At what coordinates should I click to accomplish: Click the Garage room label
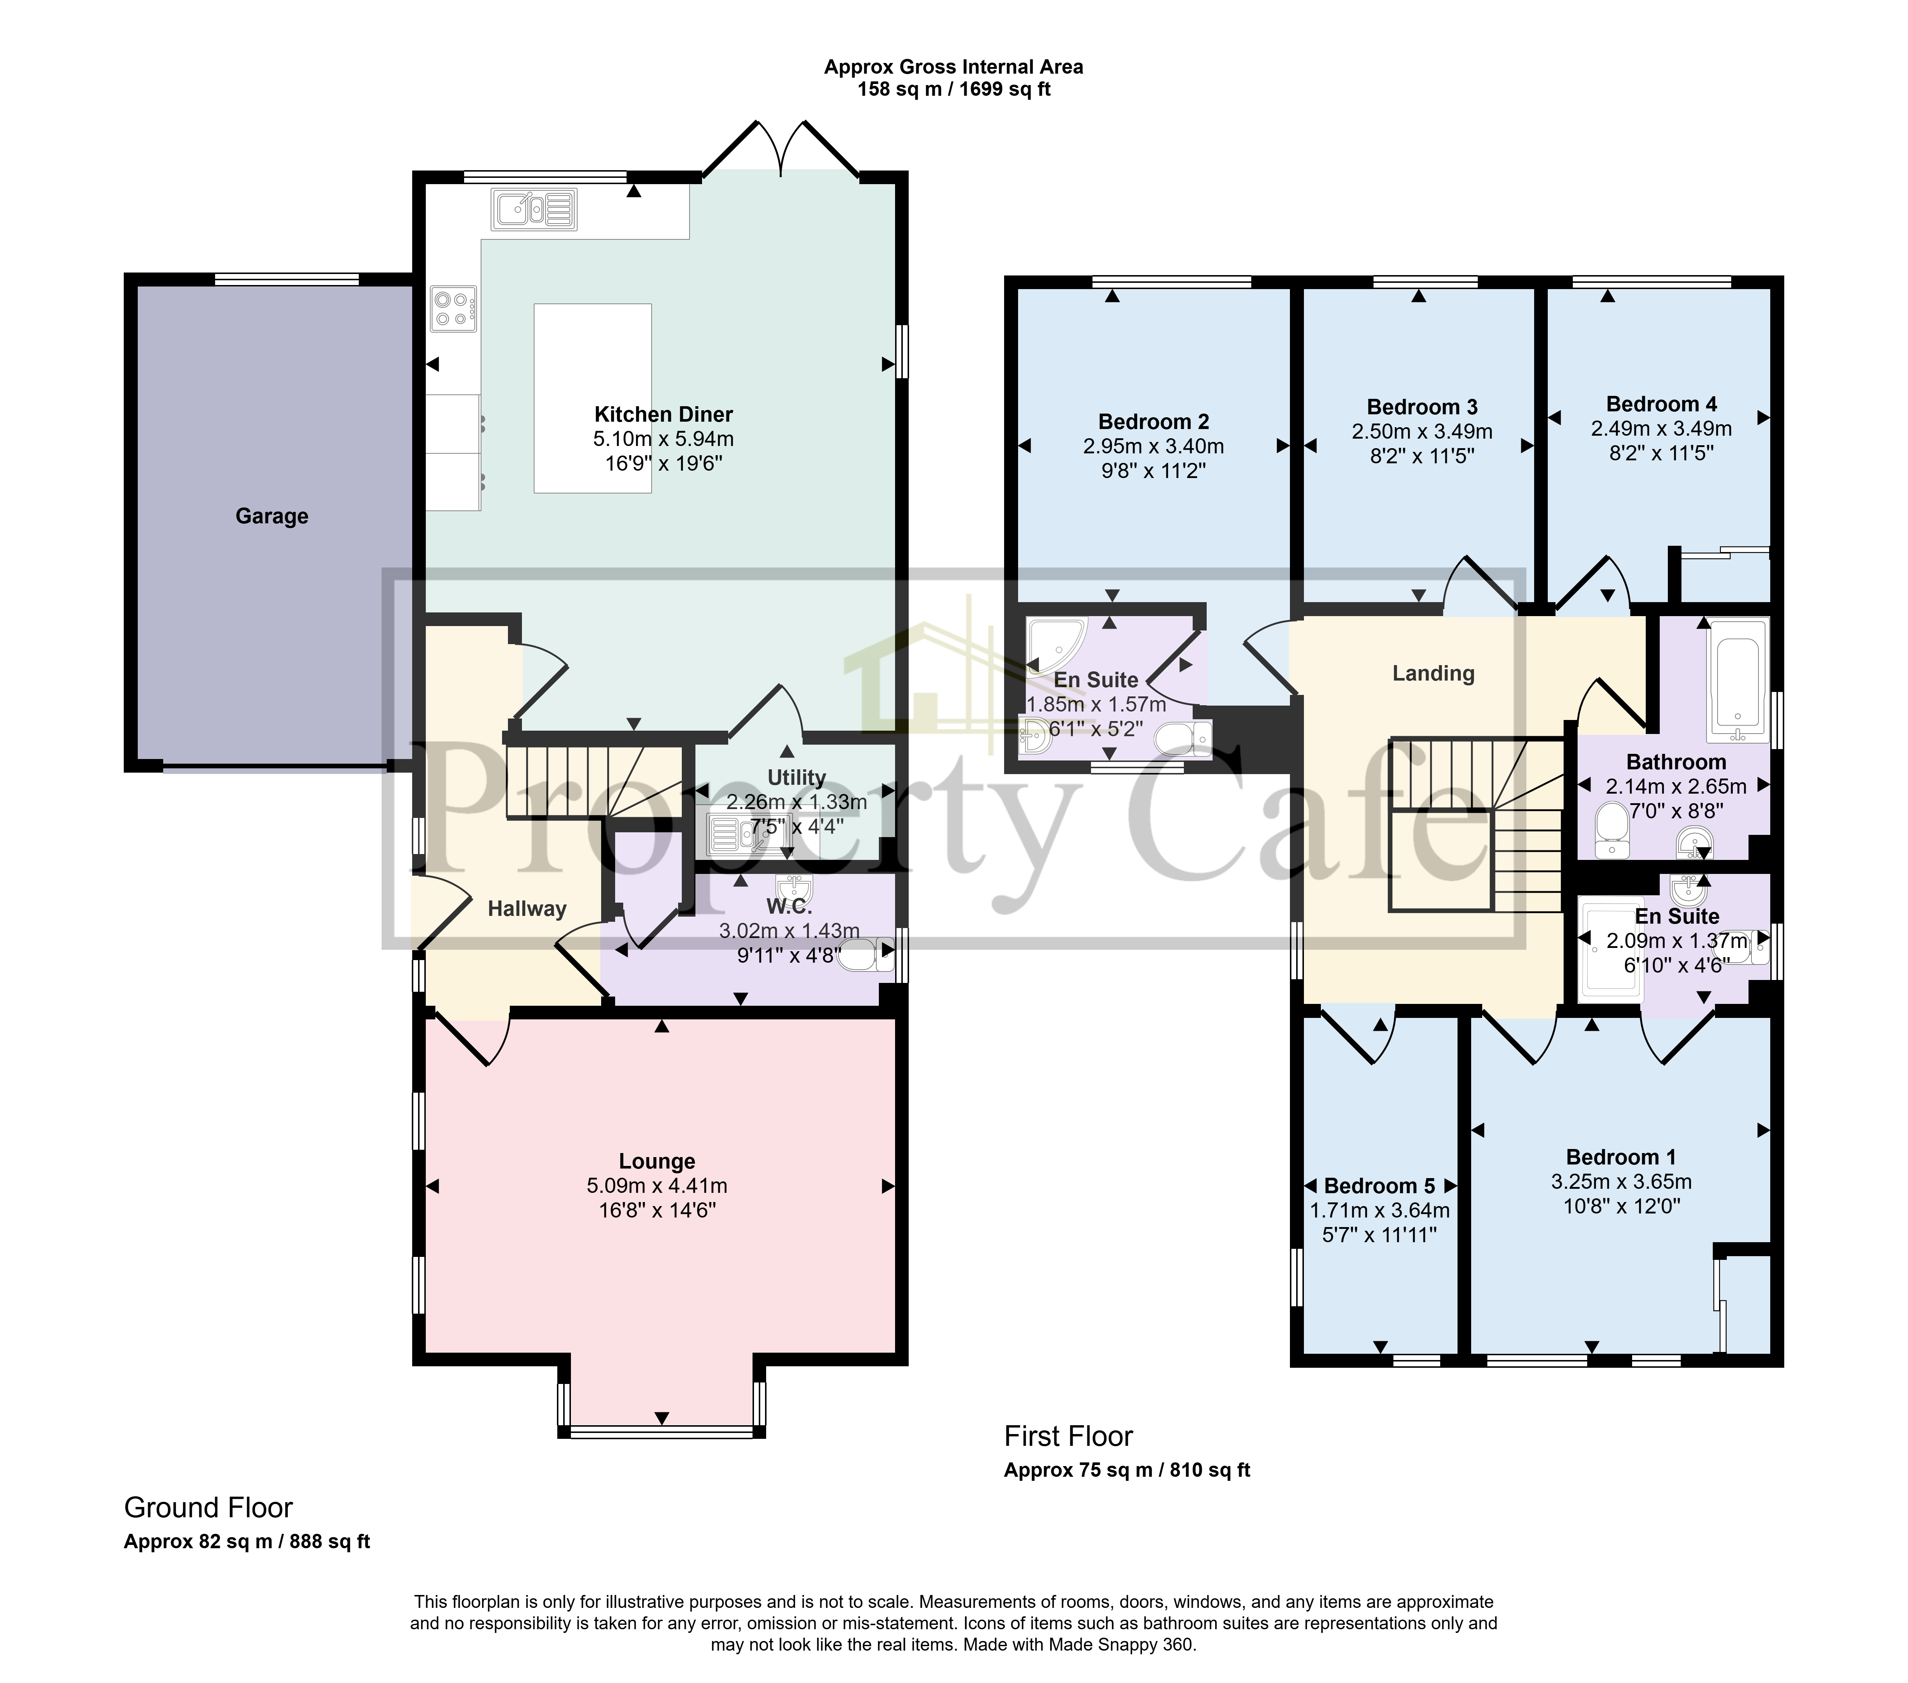(x=271, y=516)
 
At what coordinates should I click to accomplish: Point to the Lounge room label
(x=657, y=1161)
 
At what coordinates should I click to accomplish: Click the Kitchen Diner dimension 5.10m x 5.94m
(x=664, y=439)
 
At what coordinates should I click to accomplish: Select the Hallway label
(x=527, y=909)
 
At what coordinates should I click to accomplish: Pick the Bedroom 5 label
(x=1380, y=1187)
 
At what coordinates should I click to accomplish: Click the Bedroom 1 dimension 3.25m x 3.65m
(x=1621, y=1182)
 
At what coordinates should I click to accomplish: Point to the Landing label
(x=1434, y=674)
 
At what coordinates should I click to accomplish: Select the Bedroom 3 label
(x=1423, y=407)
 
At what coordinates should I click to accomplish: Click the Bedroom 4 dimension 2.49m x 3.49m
(x=1662, y=428)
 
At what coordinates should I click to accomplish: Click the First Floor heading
(x=1069, y=1436)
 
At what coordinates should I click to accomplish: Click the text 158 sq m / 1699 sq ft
(x=954, y=89)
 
